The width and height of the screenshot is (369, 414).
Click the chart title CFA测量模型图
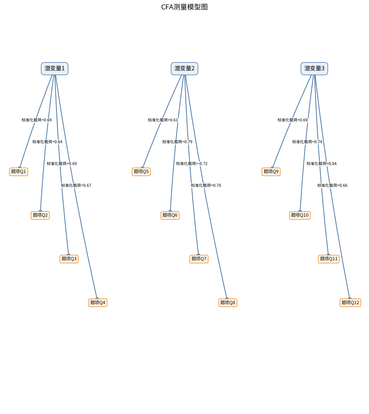click(x=184, y=7)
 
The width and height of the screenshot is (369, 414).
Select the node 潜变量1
click(x=55, y=69)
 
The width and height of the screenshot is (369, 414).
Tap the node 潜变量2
click(x=184, y=69)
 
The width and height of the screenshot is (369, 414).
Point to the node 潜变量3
click(x=314, y=69)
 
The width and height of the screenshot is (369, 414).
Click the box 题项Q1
click(x=19, y=172)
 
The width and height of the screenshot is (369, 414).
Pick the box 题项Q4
click(x=98, y=302)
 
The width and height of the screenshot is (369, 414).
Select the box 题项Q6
click(x=170, y=215)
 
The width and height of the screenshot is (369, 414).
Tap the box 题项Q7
click(x=199, y=259)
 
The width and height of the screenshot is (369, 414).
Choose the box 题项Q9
click(x=271, y=172)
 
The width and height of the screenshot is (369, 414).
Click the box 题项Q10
click(x=300, y=215)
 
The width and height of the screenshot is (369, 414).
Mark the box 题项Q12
click(x=350, y=302)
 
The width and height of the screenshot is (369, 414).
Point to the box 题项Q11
click(x=329, y=259)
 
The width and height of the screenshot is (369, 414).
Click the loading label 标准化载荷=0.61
click(x=163, y=120)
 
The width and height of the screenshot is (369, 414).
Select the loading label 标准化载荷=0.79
click(x=177, y=142)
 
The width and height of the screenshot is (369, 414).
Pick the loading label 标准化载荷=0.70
click(x=206, y=185)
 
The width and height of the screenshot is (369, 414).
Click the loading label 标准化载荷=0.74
click(x=307, y=142)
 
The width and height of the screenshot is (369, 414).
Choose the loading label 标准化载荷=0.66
click(x=332, y=185)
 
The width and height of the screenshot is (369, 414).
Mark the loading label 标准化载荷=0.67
click(x=76, y=185)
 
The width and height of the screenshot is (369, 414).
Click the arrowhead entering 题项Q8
click(x=227, y=298)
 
